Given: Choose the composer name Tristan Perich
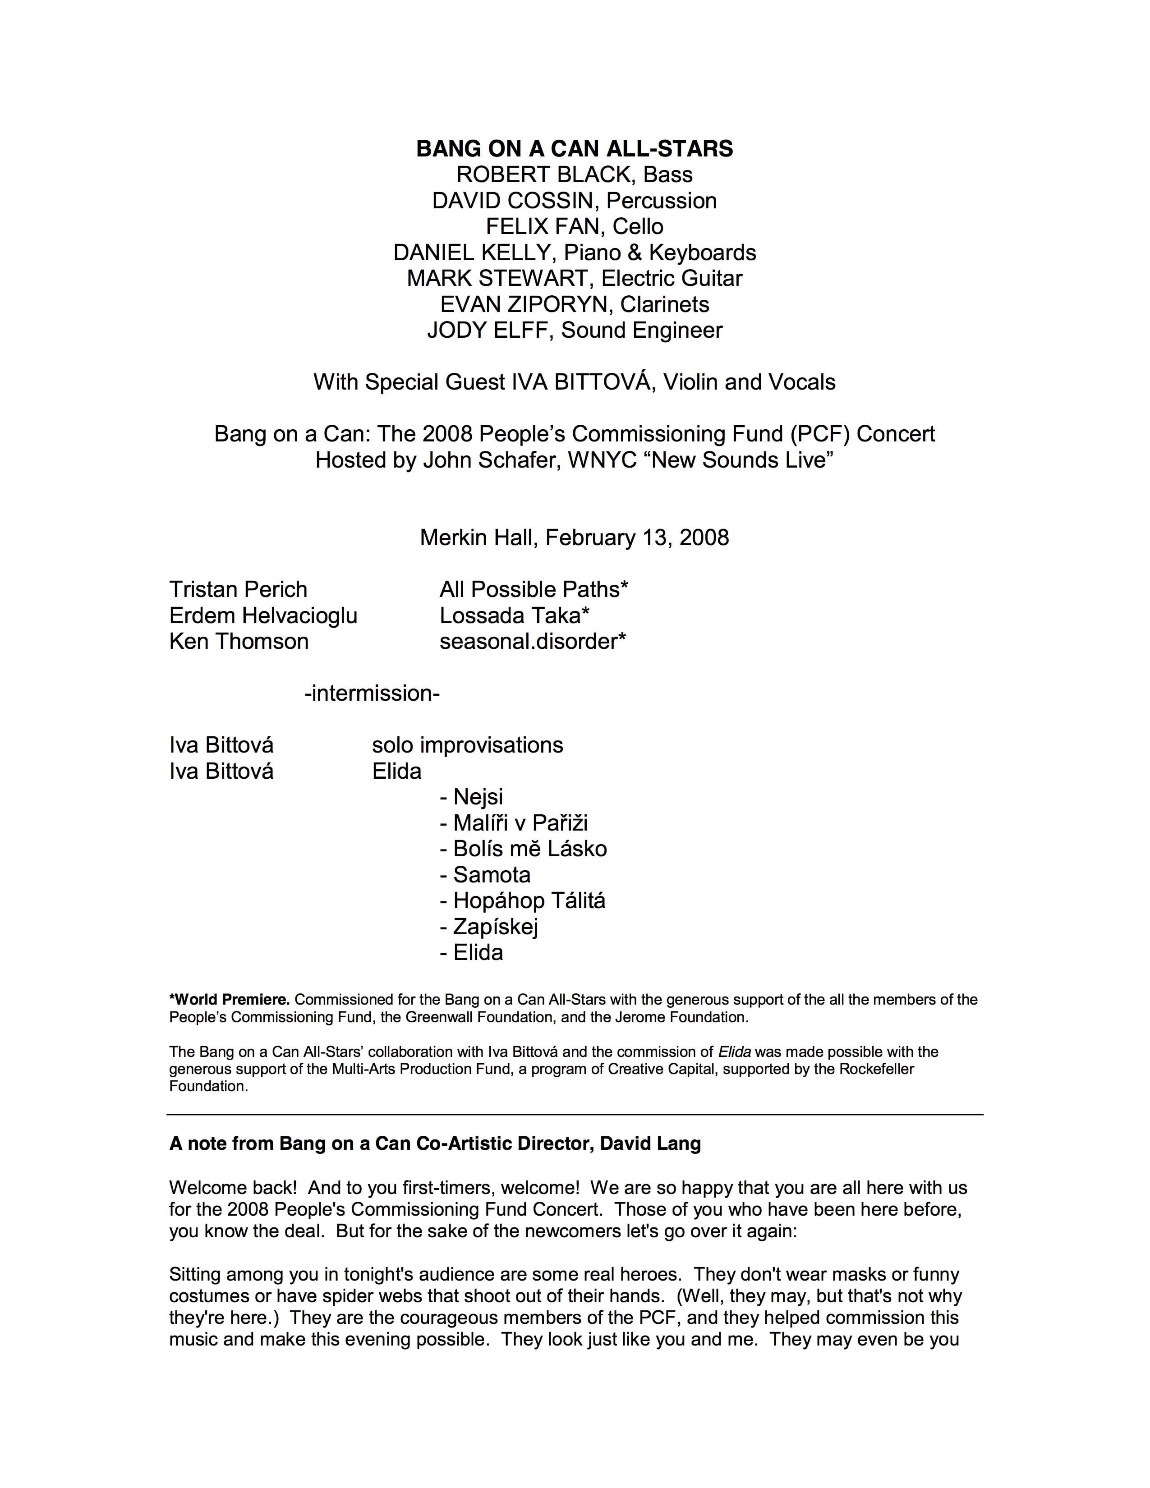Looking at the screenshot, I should (238, 589).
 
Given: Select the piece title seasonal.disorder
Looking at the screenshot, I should (529, 641).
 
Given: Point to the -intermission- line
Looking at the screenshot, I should (372, 693).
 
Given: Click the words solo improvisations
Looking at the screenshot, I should (467, 745).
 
